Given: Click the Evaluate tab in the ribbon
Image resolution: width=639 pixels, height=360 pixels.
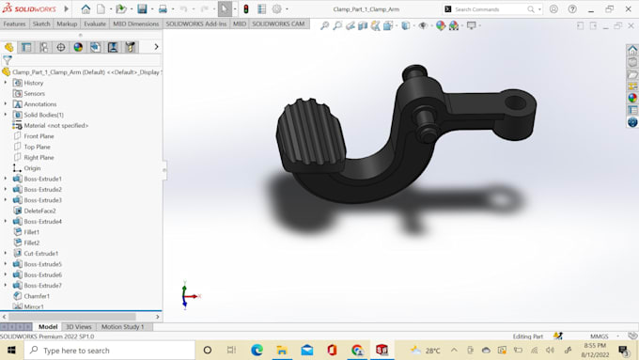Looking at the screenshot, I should [95, 23].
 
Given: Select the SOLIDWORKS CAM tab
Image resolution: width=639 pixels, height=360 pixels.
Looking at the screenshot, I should [279, 23].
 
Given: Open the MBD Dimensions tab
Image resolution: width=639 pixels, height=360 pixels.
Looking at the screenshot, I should [136, 23].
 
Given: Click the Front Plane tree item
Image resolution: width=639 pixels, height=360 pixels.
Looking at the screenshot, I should [39, 136].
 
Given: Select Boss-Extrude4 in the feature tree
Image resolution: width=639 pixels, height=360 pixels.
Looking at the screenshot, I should [42, 221].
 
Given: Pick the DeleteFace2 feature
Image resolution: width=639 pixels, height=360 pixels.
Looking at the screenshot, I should [39, 211].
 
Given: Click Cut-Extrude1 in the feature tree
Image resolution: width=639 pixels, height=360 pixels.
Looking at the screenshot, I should [40, 253].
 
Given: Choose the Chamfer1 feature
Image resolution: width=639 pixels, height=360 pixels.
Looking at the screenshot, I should [37, 296].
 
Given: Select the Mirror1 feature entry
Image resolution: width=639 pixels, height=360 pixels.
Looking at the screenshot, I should [34, 306].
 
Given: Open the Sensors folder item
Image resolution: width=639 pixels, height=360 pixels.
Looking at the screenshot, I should [34, 93].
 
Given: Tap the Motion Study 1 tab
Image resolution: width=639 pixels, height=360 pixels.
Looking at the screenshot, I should [122, 327].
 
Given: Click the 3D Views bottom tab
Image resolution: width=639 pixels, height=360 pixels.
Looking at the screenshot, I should [78, 327].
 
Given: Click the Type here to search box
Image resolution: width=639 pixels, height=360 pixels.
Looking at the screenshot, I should [103, 351].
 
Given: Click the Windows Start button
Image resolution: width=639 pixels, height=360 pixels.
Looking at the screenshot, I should [10, 351].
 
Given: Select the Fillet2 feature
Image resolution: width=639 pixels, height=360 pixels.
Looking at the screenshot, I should [32, 243].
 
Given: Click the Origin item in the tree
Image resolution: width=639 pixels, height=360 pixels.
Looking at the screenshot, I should [32, 168].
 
